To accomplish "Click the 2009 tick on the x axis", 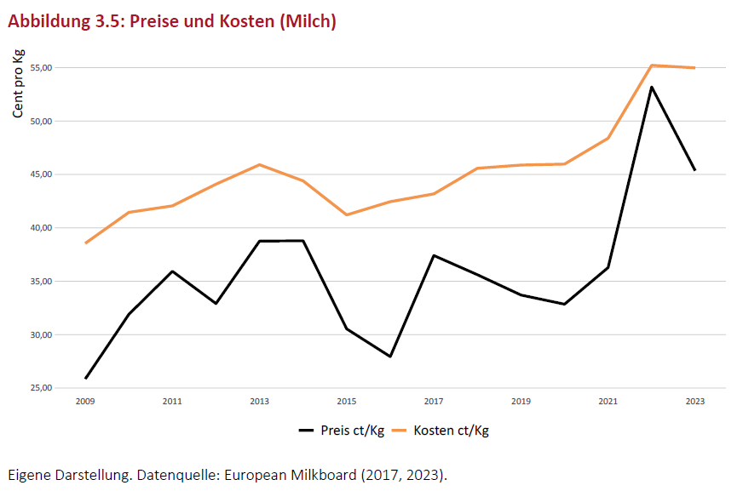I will click(85, 401).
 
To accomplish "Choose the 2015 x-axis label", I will click(346, 401).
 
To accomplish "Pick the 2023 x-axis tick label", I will click(694, 401).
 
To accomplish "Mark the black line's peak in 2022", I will click(651, 87).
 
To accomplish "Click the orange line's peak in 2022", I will click(651, 66).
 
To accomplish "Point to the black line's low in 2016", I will click(389, 356).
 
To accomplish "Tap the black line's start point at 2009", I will click(85, 378).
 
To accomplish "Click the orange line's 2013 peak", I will click(259, 164).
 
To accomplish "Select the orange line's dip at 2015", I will click(346, 214).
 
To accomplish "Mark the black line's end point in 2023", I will click(694, 170).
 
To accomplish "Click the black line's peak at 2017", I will click(433, 255).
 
